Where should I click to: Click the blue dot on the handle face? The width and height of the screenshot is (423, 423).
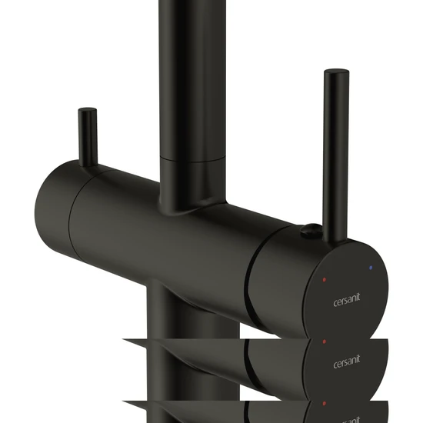(x=371, y=268)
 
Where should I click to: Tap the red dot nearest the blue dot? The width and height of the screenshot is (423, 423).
(x=325, y=279)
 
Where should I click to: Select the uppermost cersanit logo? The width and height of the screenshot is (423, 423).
(x=347, y=300)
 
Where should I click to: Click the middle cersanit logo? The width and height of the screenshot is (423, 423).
(x=347, y=361)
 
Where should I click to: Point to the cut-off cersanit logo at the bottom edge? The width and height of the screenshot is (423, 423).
(x=348, y=420)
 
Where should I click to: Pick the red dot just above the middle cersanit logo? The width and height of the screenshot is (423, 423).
(x=325, y=341)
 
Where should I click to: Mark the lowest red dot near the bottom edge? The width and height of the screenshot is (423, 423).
(x=325, y=404)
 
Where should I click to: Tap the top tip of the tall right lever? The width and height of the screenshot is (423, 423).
(x=337, y=71)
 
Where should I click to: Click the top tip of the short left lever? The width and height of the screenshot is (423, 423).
(x=88, y=109)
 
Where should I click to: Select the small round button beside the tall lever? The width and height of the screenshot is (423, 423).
(x=311, y=230)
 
